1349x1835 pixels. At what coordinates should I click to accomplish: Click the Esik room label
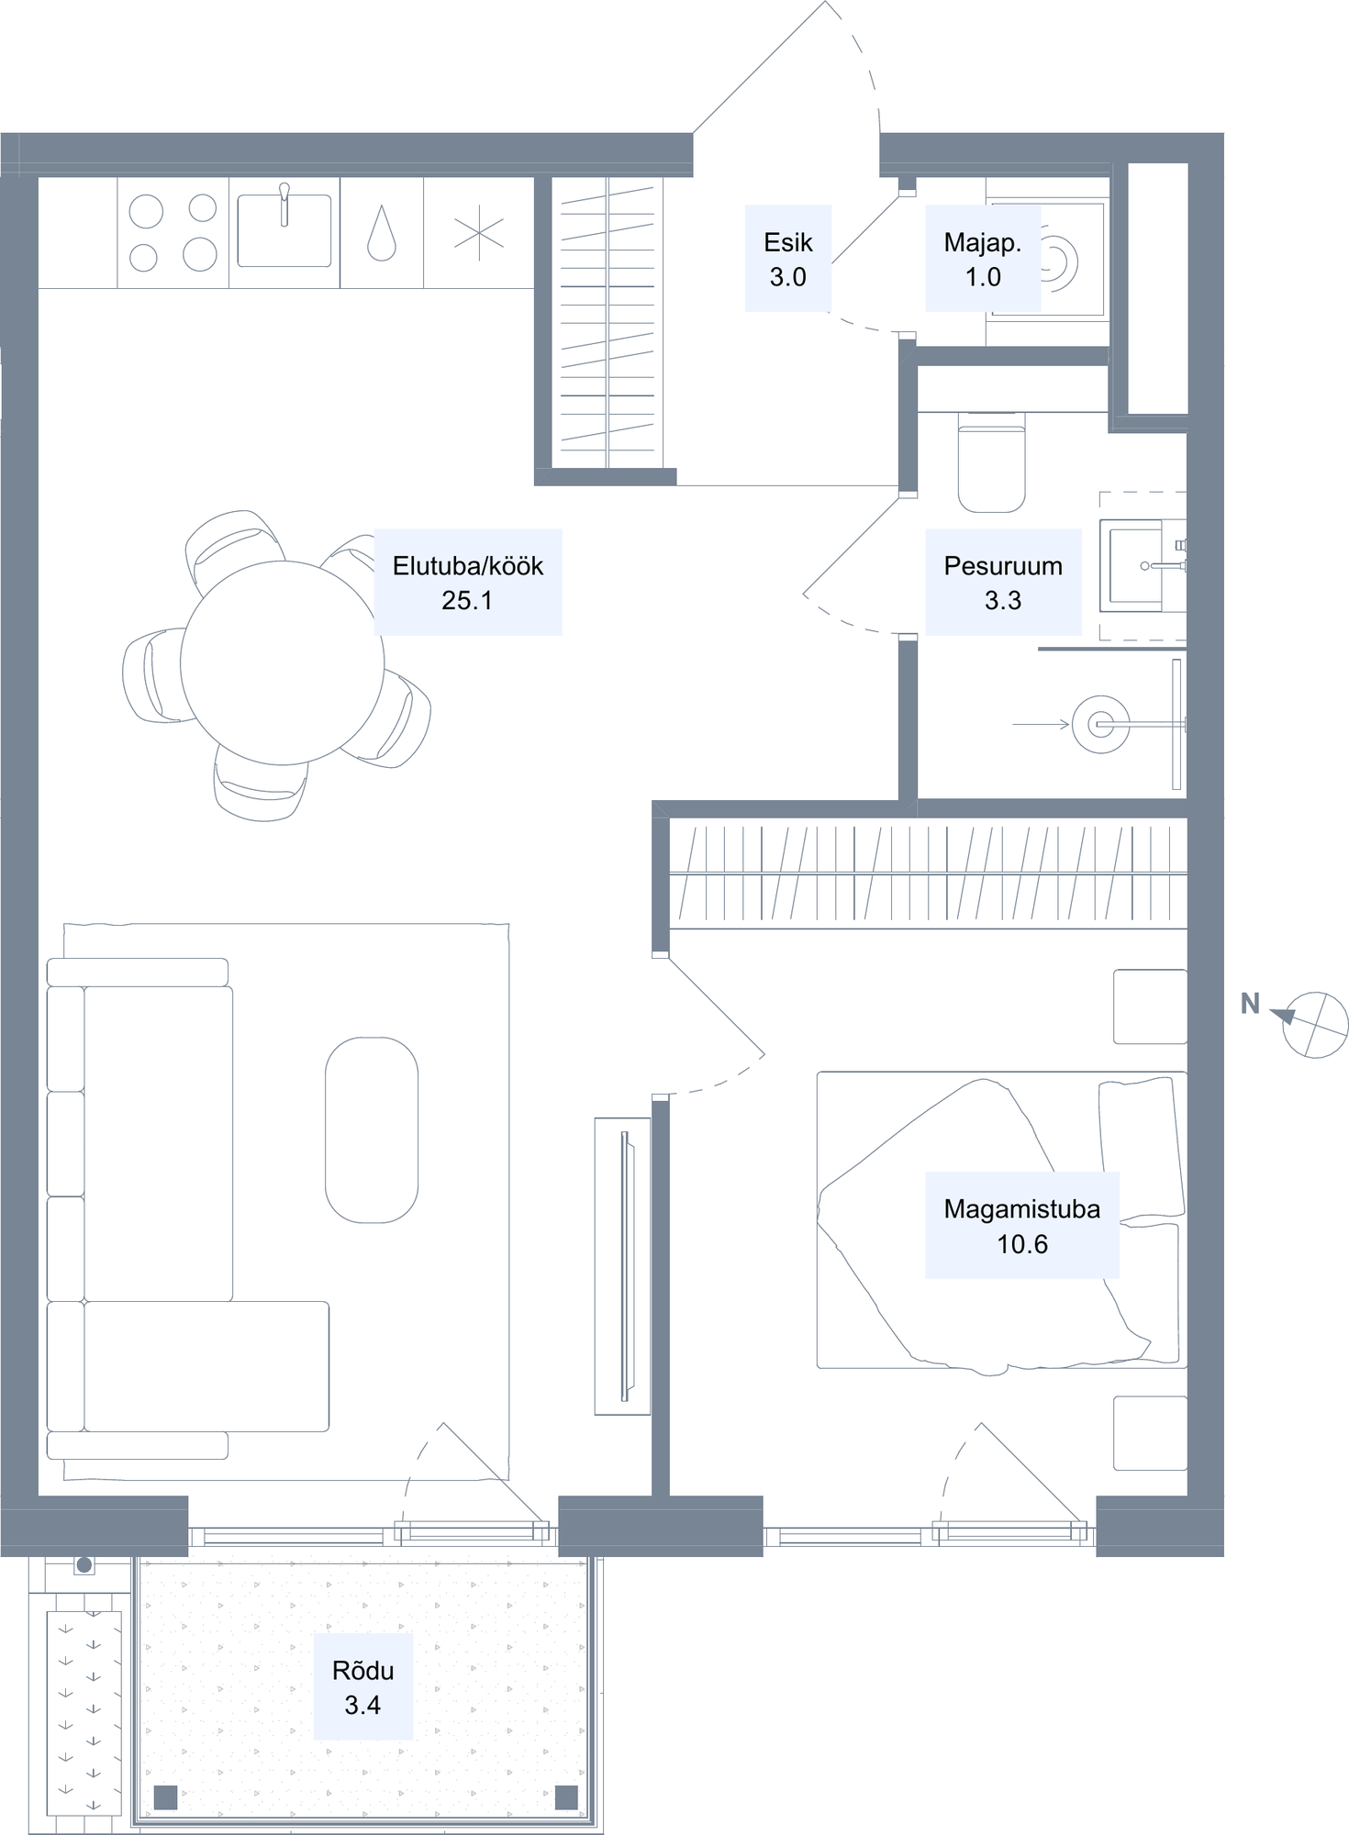(x=788, y=259)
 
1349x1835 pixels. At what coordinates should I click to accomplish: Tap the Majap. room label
(x=983, y=259)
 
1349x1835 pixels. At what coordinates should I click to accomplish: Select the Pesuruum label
(x=1003, y=582)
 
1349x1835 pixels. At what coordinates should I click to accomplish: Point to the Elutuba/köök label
(x=468, y=582)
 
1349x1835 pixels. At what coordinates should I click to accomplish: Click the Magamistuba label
(x=1022, y=1225)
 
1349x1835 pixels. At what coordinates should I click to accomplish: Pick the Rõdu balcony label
(x=363, y=1686)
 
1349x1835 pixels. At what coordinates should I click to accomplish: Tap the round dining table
(x=283, y=662)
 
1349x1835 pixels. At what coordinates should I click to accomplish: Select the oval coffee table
(x=372, y=1129)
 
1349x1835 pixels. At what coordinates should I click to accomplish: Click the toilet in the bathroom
(x=991, y=462)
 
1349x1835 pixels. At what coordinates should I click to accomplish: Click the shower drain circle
(x=1101, y=725)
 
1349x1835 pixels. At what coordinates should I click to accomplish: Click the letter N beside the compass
(x=1250, y=1004)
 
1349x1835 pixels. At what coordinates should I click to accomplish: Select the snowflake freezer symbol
(x=479, y=233)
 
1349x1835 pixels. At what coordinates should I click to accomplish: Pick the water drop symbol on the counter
(x=382, y=233)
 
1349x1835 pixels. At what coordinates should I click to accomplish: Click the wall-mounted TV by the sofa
(x=626, y=1266)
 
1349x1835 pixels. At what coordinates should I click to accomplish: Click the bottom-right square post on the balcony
(x=566, y=1796)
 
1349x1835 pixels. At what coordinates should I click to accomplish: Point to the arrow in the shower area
(x=1042, y=725)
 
